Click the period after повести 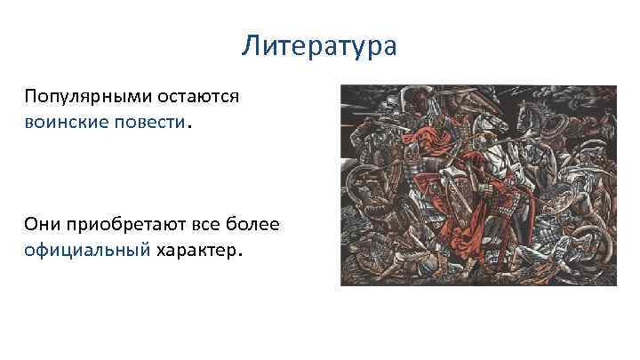point(188,124)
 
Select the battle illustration point(478,185)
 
